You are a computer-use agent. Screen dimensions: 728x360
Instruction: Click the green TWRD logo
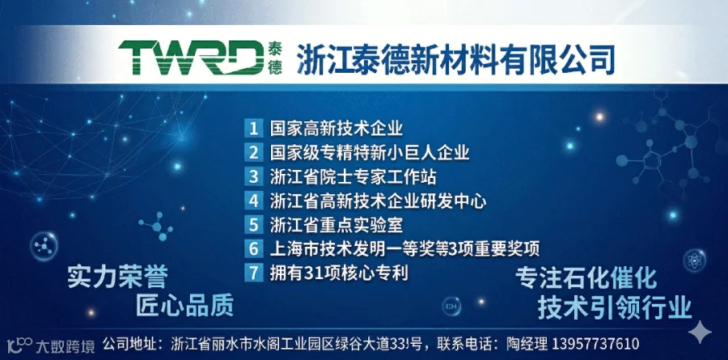(x=191, y=57)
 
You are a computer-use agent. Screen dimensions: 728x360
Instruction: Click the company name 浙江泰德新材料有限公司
(x=455, y=59)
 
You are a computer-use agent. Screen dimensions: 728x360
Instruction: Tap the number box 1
(x=253, y=128)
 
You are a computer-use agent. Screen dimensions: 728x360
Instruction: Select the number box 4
(x=253, y=201)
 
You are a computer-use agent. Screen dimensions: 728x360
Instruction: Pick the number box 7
(x=253, y=272)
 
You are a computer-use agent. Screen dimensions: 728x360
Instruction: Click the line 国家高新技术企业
(x=336, y=128)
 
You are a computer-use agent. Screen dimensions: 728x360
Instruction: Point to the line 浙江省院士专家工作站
(x=353, y=176)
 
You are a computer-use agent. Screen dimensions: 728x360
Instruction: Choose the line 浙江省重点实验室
(x=336, y=225)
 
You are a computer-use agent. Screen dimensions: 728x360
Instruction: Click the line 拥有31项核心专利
(x=339, y=273)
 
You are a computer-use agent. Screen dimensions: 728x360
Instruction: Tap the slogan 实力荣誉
(x=117, y=277)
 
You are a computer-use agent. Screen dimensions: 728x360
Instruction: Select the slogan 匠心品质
(x=184, y=306)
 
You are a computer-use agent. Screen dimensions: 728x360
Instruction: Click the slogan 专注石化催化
(x=586, y=278)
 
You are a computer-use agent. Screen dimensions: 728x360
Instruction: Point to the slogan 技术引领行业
(x=615, y=307)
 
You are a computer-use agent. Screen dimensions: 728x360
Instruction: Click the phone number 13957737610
(x=595, y=344)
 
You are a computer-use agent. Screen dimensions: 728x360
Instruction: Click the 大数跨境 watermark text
(x=66, y=346)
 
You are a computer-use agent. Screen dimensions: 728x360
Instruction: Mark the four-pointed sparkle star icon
(x=700, y=332)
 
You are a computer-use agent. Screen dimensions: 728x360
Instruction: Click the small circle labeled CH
(x=451, y=306)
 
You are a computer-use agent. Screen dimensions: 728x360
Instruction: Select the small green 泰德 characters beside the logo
(x=275, y=58)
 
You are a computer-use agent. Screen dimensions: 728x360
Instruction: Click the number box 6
(x=253, y=249)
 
